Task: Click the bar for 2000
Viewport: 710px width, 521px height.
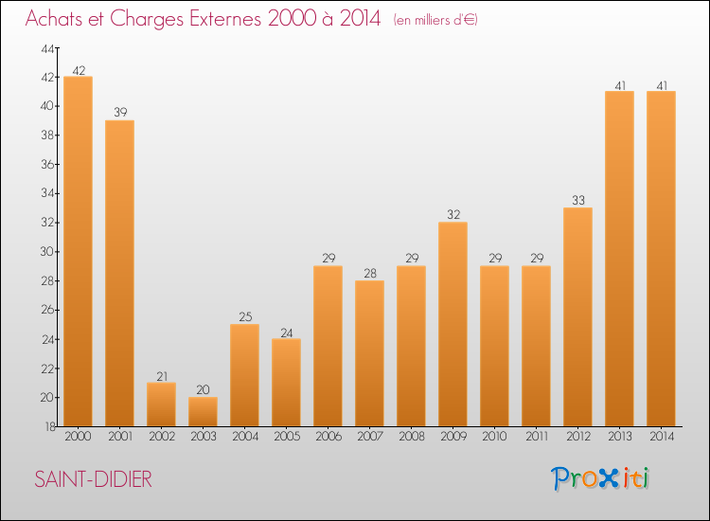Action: [78, 251]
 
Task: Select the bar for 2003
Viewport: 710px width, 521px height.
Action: [203, 411]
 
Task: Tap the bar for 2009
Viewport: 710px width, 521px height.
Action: [453, 324]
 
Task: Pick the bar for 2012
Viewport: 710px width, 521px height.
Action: [577, 316]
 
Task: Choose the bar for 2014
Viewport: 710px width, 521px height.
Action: [661, 259]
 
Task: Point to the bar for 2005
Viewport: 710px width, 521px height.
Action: [286, 382]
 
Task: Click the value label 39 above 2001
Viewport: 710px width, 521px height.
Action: [119, 113]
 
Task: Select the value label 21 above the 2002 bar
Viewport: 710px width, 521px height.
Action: [161, 375]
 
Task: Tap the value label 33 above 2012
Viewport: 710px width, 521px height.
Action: [577, 200]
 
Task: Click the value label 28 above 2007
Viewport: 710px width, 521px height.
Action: [369, 273]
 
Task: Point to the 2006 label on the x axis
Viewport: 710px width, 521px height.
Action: [328, 437]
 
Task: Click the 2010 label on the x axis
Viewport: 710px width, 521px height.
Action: [494, 437]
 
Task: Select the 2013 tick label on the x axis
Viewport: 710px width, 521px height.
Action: [619, 437]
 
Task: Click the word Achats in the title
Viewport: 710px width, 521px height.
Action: [59, 19]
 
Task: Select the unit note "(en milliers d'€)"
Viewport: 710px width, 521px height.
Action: [435, 20]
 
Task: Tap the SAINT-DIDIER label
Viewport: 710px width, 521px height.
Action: [93, 479]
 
